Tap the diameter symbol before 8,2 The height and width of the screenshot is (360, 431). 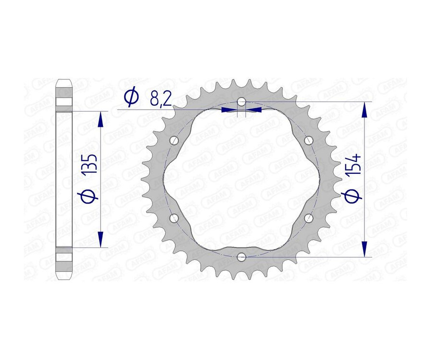131,98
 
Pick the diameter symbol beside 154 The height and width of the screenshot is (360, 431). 353,196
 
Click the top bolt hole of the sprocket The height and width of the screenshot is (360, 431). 241,101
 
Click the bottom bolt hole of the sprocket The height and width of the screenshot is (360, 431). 241,257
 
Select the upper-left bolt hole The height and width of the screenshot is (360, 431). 174,141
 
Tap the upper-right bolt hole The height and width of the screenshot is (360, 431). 309,140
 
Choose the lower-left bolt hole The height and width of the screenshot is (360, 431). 174,218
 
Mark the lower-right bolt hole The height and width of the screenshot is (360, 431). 309,218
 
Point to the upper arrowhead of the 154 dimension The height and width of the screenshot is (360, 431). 365,110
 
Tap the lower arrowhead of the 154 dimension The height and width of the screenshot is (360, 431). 365,249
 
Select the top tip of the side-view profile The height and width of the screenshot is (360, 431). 64,80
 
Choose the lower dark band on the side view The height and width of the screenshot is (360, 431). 64,256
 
